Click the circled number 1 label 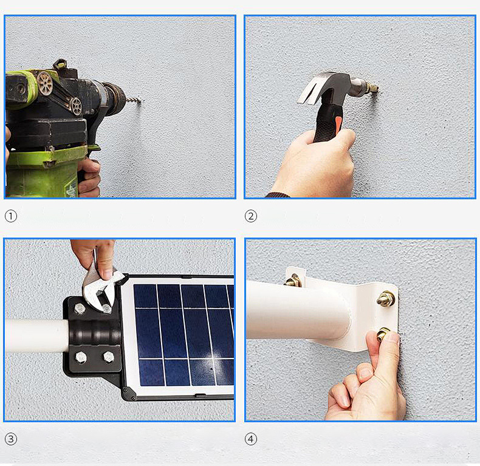11,216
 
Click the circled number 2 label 251,216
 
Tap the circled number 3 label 11,439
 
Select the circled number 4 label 251,439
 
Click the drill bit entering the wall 132,100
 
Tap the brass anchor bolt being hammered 374,88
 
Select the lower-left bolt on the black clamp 81,357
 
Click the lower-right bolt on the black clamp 109,357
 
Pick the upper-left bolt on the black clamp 80,308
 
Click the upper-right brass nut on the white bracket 386,298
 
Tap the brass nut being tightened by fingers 383,334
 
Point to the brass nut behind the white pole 293,280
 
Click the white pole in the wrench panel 36,336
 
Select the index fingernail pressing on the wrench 107,274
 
